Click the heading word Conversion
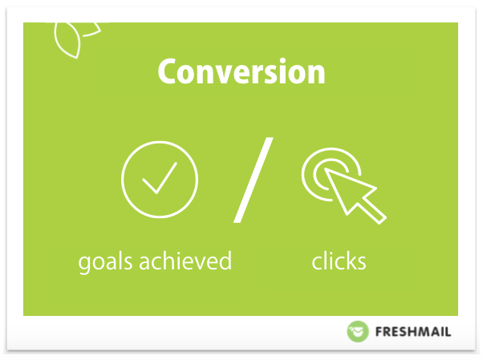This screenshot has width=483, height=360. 241,71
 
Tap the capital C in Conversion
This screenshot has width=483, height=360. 167,71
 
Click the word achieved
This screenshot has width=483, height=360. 185,261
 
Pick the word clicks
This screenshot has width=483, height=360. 339,261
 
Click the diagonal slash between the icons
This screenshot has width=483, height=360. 254,180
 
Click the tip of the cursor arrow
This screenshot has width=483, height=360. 325,169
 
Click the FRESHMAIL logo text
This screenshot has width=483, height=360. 413,332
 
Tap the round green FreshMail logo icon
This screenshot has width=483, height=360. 358,331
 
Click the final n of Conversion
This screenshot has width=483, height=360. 316,75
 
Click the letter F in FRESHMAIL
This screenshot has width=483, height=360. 379,332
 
